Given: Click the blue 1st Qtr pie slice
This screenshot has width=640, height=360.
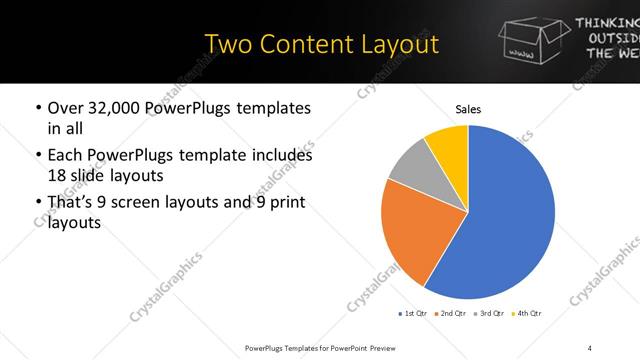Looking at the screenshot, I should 500,220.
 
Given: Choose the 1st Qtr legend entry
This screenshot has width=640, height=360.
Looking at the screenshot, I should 414,315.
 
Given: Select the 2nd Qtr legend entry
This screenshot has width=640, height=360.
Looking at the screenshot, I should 450,315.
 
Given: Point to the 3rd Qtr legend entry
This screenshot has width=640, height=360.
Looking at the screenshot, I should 488,315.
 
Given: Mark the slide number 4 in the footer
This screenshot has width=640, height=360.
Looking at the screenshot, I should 590,347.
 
